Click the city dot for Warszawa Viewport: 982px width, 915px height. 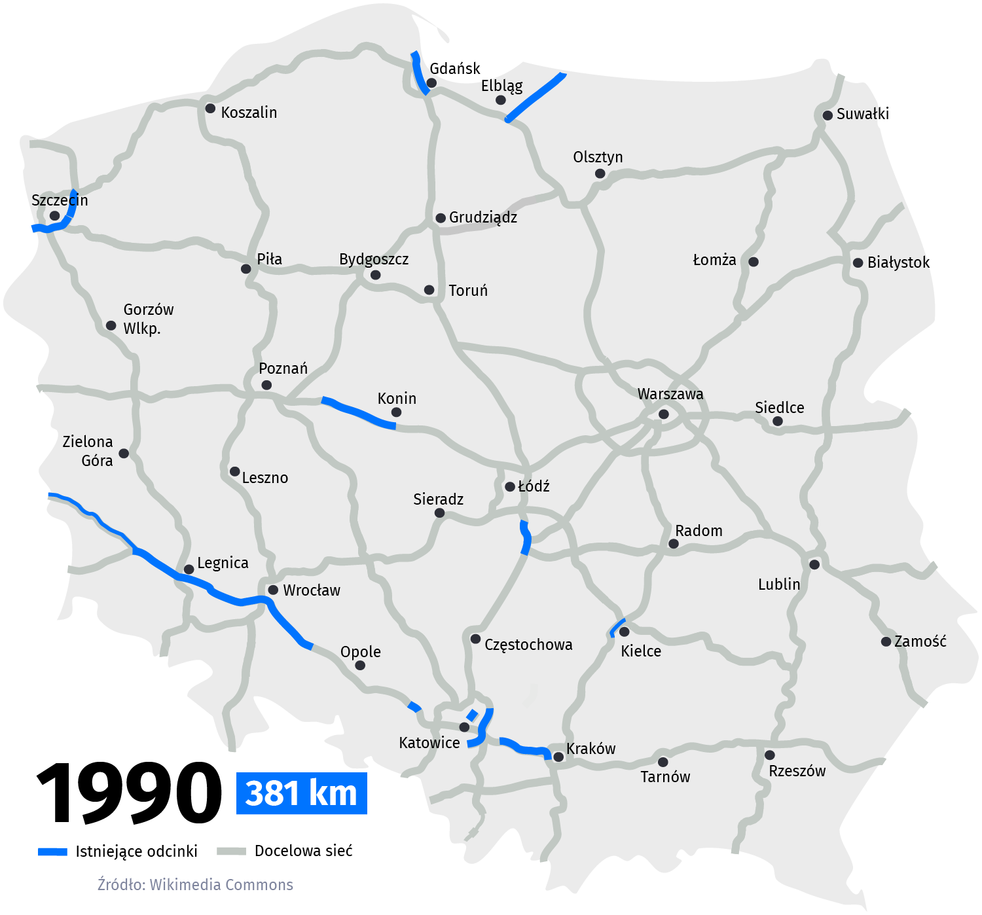click(663, 414)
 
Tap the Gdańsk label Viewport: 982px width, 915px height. click(454, 69)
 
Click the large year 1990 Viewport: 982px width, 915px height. click(129, 793)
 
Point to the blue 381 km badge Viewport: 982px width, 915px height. click(301, 793)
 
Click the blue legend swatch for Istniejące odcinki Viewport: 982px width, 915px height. click(52, 852)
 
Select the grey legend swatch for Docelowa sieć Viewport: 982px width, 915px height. click(231, 852)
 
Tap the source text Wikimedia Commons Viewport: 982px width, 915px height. click(195, 885)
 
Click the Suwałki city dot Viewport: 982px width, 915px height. click(827, 115)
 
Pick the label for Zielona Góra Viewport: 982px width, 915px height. click(88, 451)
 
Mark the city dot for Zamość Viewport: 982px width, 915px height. click(886, 641)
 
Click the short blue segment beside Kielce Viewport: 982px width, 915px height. click(617, 627)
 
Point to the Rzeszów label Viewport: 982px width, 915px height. click(797, 771)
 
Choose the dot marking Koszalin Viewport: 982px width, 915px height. click(210, 109)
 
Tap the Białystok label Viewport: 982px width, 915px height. click(898, 262)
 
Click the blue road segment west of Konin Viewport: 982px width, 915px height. click(357, 412)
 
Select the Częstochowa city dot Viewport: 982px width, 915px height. click(476, 639)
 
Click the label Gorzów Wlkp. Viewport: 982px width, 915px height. click(148, 319)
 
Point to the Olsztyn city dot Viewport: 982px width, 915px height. click(600, 173)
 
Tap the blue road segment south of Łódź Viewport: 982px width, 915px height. click(525, 537)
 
